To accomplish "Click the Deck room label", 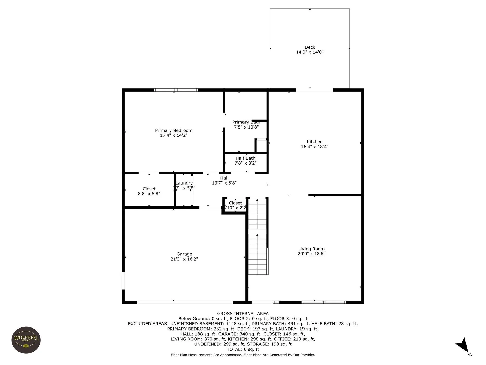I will (x=310, y=47).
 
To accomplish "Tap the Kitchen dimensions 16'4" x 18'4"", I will (x=314, y=147).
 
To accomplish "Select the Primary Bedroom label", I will (x=174, y=130).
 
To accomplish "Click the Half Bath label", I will (x=245, y=158).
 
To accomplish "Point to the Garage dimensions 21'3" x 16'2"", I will (x=184, y=259).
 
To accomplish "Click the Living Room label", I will (x=311, y=249).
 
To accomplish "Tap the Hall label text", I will (x=224, y=178).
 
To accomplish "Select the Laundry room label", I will (x=184, y=183).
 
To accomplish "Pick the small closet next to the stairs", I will (x=235, y=205).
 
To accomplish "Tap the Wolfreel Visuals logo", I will (x=26, y=340).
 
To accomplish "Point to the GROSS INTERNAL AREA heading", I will (x=243, y=314).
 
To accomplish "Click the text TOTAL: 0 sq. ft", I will (x=243, y=349).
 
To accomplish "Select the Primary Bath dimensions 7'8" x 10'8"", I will (x=246, y=127).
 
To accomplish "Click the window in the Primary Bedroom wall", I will (x=176, y=90).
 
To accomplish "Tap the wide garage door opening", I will (x=185, y=302).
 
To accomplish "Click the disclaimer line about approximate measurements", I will (x=243, y=355).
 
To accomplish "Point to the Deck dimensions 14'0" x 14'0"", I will (x=310, y=52).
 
